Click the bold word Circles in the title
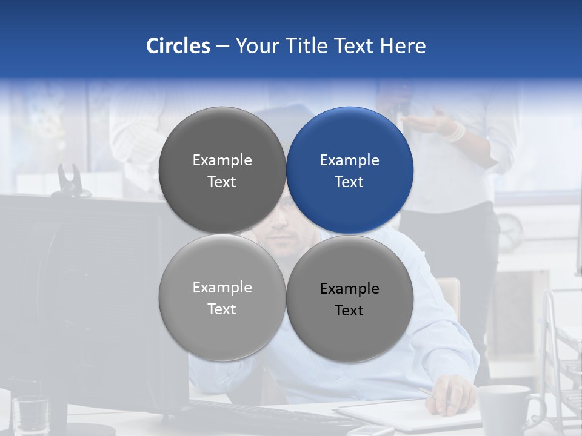[x=178, y=46]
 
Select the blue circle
[x=350, y=171]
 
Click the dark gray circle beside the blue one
[x=222, y=171]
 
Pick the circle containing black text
[x=350, y=299]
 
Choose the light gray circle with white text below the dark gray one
[x=222, y=298]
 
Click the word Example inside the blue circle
[x=350, y=160]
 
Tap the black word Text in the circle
[x=349, y=311]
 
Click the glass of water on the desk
[x=30, y=414]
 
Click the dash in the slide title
[x=222, y=46]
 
